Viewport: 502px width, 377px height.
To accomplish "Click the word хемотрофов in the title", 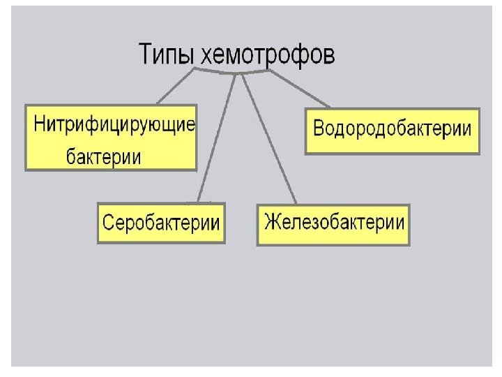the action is [x=267, y=54].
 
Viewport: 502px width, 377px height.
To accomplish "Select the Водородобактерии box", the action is [x=393, y=130].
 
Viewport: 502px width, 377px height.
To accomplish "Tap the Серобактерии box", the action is [x=161, y=223].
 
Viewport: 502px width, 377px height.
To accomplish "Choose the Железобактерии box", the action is [x=334, y=223].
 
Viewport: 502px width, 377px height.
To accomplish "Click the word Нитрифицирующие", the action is [x=114, y=126].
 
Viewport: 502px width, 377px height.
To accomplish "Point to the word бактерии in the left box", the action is [x=103, y=156].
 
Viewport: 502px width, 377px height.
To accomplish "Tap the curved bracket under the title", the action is [x=230, y=71].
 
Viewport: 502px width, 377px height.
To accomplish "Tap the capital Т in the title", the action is [x=147, y=53].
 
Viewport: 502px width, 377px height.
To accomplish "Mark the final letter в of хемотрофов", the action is [x=329, y=56].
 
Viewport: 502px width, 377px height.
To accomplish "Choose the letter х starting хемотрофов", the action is [x=206, y=56].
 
